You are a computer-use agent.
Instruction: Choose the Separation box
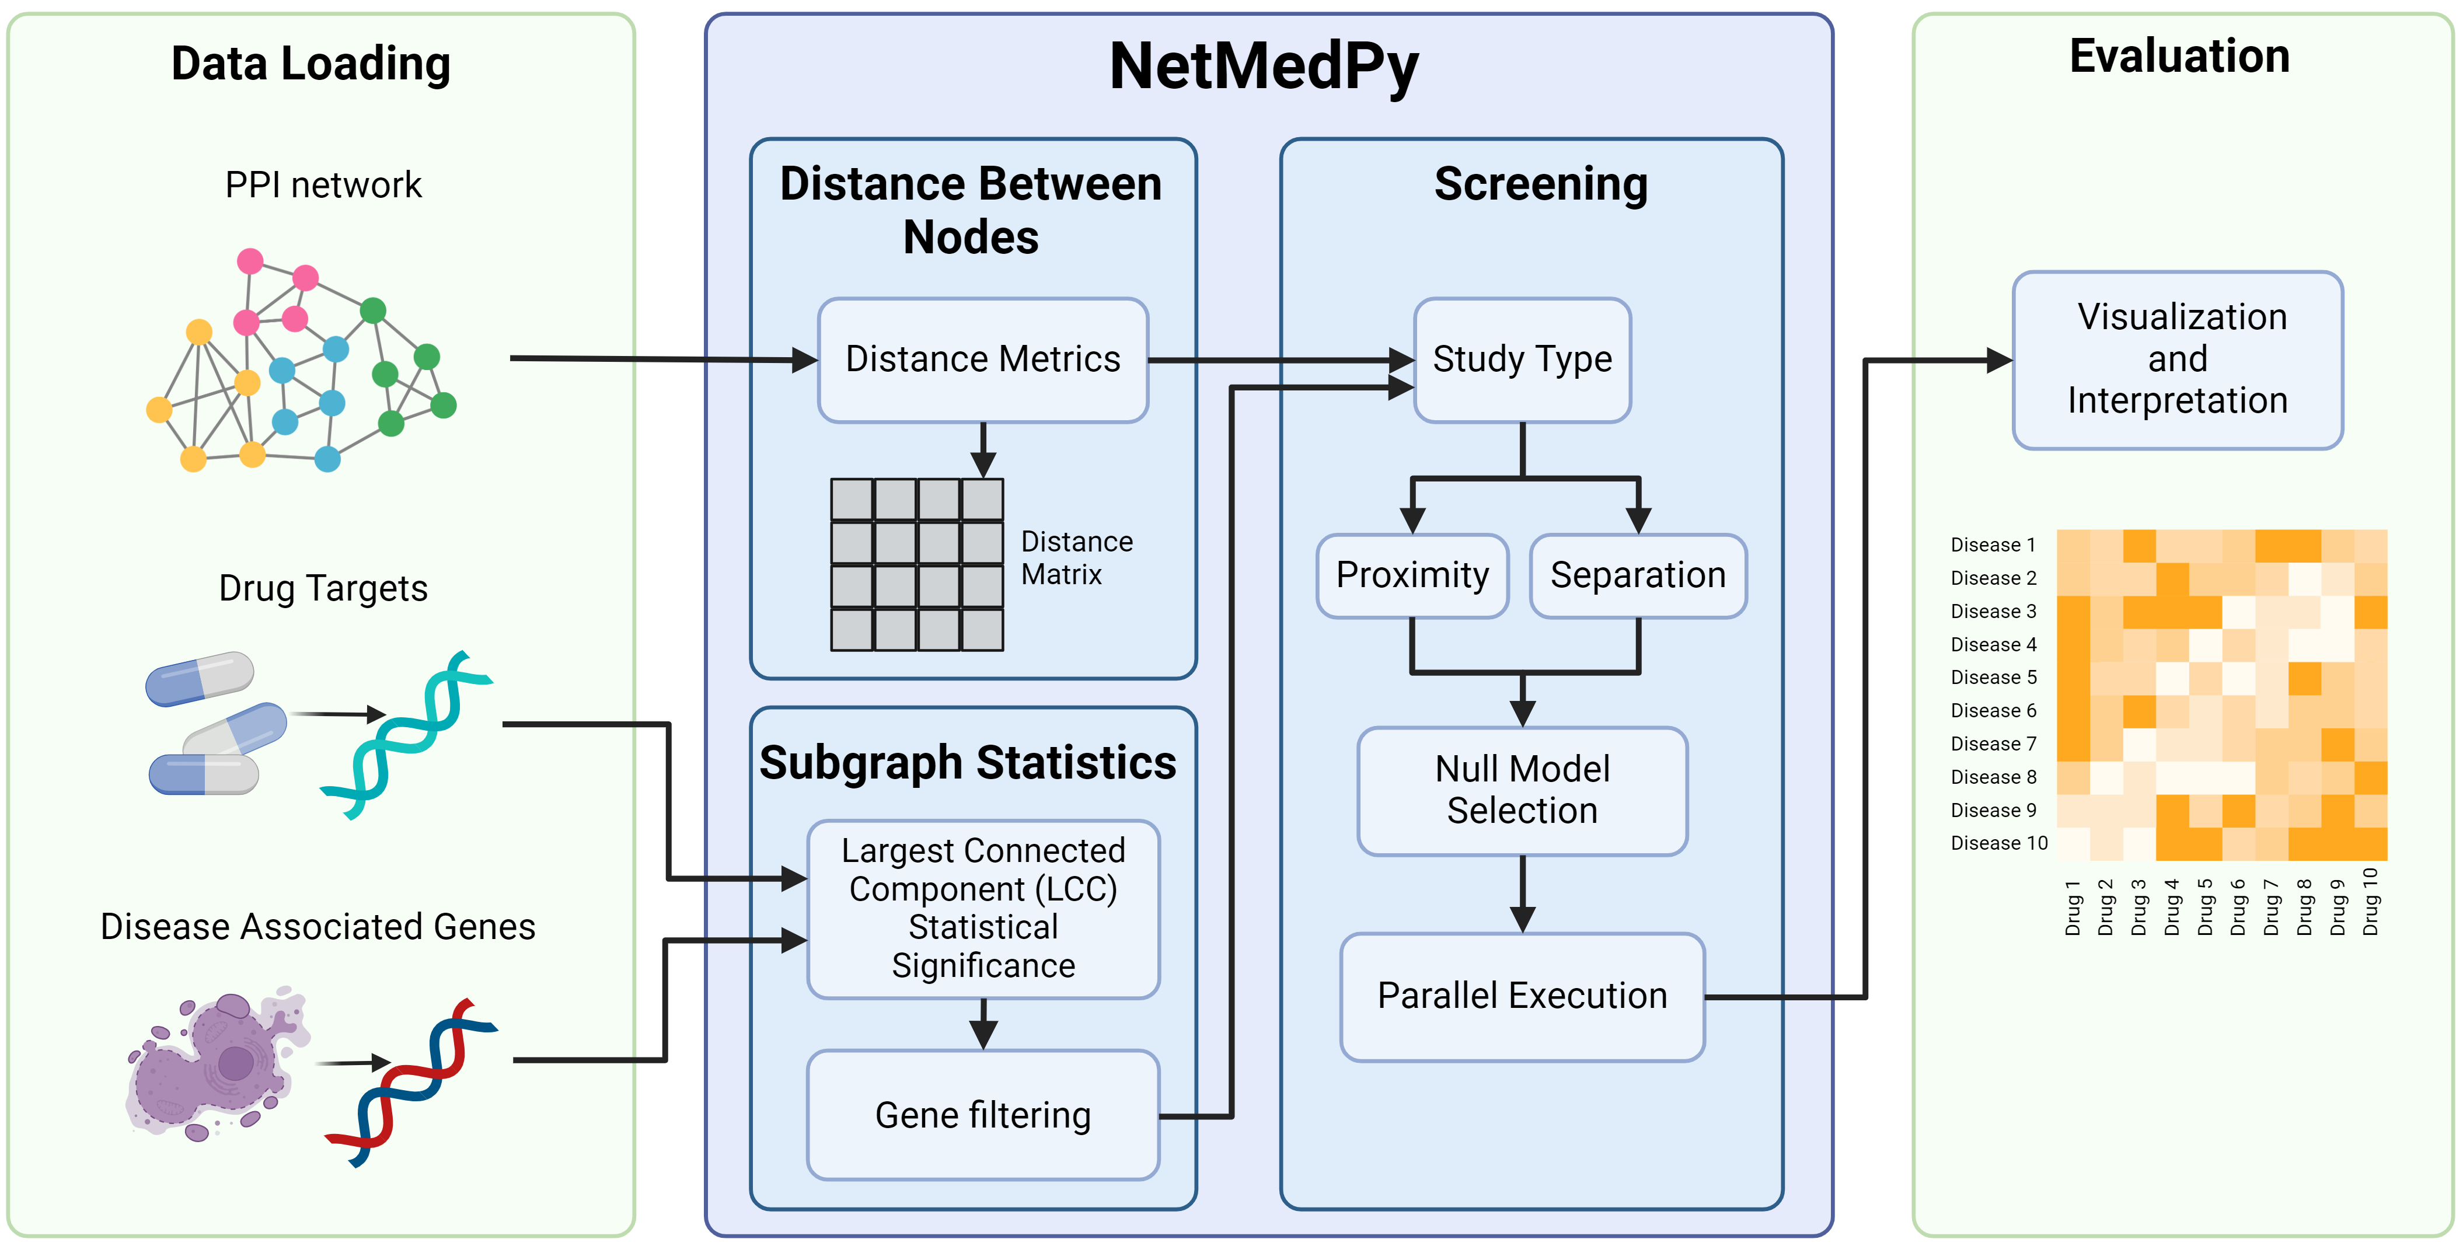(x=1637, y=575)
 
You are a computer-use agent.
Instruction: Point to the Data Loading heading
(x=311, y=64)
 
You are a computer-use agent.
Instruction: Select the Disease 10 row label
(x=1998, y=843)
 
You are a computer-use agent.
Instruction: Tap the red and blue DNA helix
(x=411, y=1081)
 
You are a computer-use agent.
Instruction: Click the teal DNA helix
(x=406, y=734)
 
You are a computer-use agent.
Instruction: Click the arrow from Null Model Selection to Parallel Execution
(x=1522, y=894)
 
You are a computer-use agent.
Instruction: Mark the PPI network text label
(x=323, y=184)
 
